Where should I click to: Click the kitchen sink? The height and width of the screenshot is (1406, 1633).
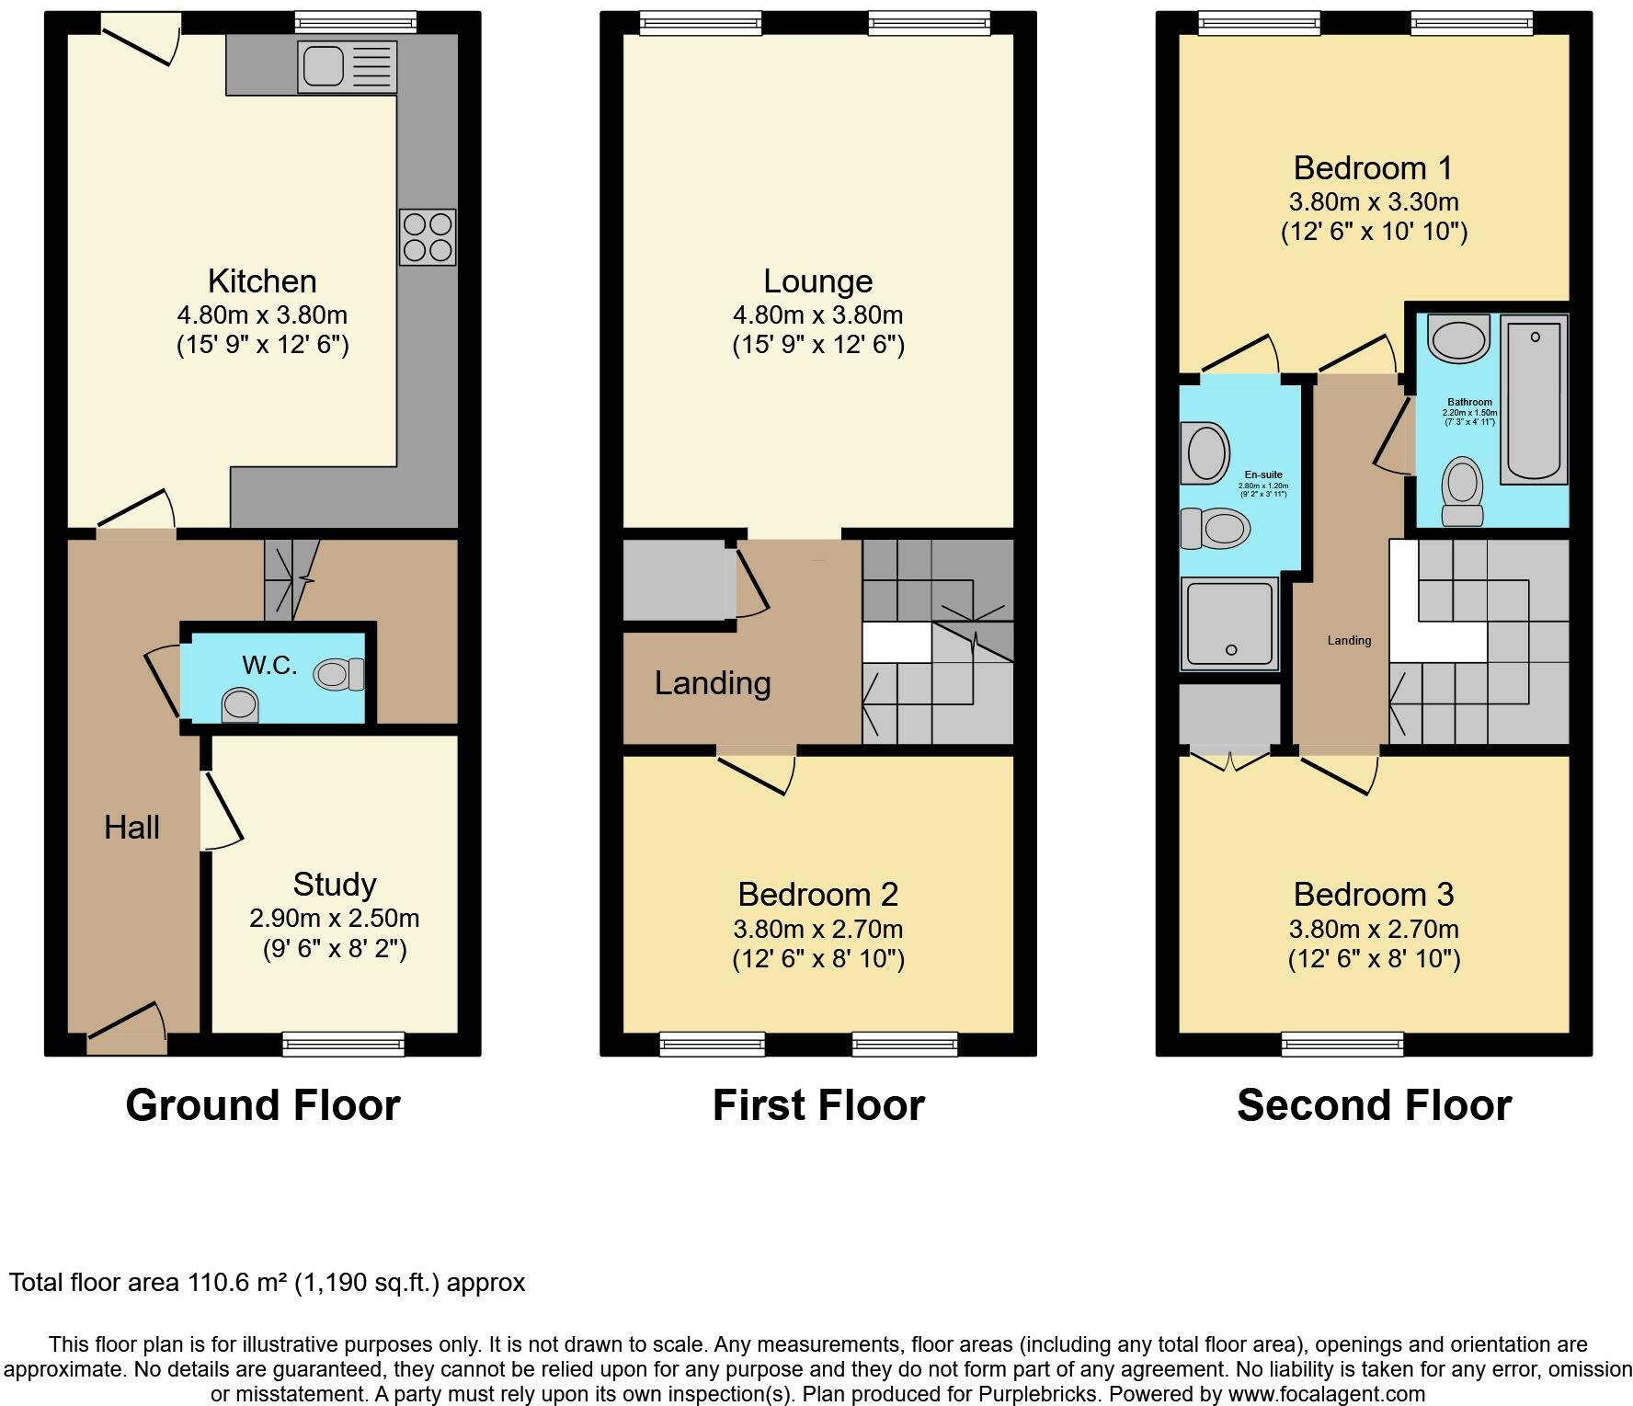coord(347,66)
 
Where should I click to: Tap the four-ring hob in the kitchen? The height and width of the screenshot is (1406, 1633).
coord(428,237)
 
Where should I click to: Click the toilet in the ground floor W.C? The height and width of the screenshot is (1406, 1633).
coord(338,675)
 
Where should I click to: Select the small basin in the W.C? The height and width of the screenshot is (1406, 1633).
coord(240,706)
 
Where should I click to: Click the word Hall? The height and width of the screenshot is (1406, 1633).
coord(131,828)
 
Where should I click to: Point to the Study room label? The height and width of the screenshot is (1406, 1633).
coord(335,885)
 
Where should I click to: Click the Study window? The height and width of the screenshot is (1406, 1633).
coord(343,1044)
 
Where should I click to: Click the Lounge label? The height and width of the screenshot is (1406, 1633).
coord(818,281)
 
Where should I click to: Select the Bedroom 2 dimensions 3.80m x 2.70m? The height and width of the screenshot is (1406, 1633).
coord(818,929)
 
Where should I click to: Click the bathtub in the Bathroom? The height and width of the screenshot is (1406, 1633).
coord(1534,401)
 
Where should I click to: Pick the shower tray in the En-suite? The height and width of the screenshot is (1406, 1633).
coord(1230,623)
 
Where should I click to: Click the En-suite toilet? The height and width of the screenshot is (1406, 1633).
coord(1215,529)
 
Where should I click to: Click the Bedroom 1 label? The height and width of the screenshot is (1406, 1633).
coord(1373,168)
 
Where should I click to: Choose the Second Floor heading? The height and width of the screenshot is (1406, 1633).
coord(1374,1105)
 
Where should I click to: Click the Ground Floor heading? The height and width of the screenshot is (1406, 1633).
coord(263,1105)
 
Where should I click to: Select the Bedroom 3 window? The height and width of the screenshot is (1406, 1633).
coord(1343,1044)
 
